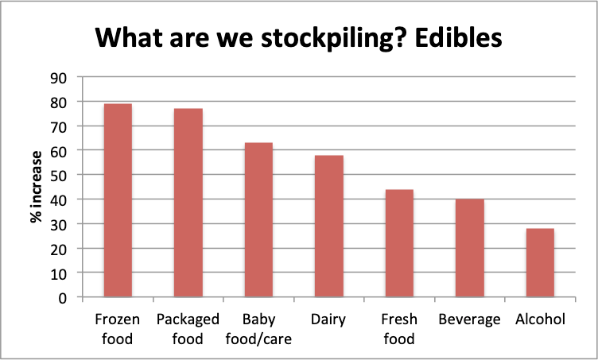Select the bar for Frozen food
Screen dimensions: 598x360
pyautogui.click(x=118, y=200)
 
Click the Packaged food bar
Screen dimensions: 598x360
pyautogui.click(x=188, y=203)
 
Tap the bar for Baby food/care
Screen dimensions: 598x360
pyautogui.click(x=258, y=219)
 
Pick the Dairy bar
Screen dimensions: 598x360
pyautogui.click(x=328, y=226)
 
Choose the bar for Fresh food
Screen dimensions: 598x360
pyautogui.click(x=399, y=243)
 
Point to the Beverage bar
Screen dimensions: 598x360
pyautogui.click(x=470, y=248)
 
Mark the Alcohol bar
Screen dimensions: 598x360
pyautogui.click(x=540, y=262)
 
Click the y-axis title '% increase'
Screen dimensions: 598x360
pyautogui.click(x=37, y=187)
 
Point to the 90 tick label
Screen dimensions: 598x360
pyautogui.click(x=58, y=78)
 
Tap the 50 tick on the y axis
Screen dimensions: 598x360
pyautogui.click(x=58, y=176)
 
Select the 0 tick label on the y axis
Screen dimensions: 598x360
pyautogui.click(x=63, y=298)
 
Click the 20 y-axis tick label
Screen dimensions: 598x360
pyautogui.click(x=58, y=249)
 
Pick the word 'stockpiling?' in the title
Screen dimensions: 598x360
pyautogui.click(x=327, y=39)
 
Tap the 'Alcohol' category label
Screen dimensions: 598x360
pyautogui.click(x=540, y=319)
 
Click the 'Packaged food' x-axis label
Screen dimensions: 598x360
pyautogui.click(x=188, y=329)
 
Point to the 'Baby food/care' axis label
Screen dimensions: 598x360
pyautogui.click(x=258, y=329)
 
